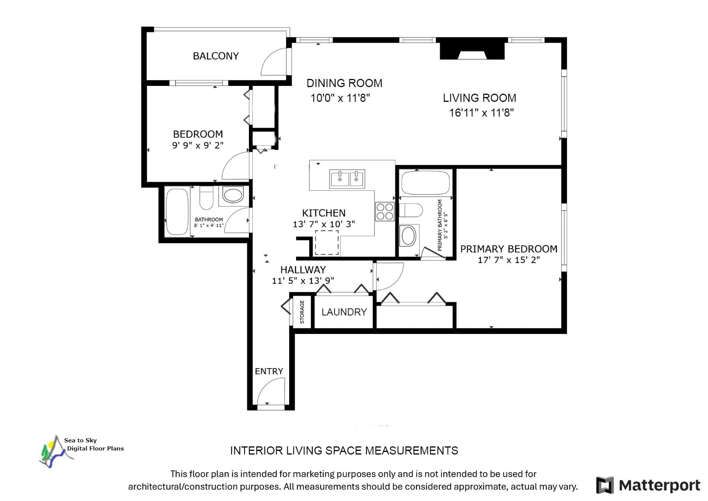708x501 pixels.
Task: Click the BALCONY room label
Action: [x=216, y=56]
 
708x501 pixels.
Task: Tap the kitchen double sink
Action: [x=347, y=179]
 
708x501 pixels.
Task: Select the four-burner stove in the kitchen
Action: [x=385, y=211]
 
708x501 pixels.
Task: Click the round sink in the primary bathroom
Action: [x=408, y=236]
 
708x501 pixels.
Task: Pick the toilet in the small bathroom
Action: [x=206, y=198]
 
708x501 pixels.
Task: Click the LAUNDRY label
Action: [x=344, y=312]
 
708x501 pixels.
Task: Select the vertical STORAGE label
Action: [x=302, y=312]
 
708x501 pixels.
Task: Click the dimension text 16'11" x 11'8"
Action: [x=481, y=113]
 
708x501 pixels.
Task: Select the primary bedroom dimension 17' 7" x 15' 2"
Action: [x=509, y=260]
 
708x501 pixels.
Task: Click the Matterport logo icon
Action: [x=605, y=485]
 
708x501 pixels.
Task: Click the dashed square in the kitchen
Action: [x=326, y=242]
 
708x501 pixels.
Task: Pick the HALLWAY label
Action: [x=303, y=270]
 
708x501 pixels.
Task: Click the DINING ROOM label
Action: [x=344, y=83]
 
